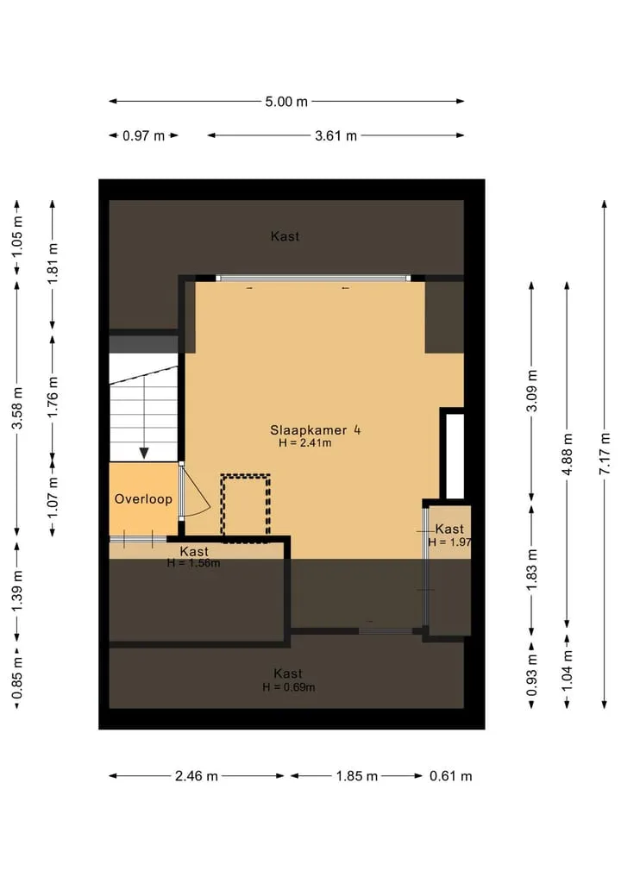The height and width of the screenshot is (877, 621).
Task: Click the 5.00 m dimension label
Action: [285, 102]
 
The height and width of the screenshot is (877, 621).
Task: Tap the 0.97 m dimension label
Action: [143, 136]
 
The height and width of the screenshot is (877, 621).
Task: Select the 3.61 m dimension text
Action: [336, 136]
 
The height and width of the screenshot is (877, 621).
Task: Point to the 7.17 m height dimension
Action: [605, 454]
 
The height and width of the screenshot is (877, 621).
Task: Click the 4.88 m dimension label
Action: [567, 454]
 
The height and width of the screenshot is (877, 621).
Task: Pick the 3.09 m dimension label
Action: [531, 391]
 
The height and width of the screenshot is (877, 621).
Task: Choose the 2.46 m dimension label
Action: [197, 776]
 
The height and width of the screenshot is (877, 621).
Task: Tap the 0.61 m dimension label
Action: [450, 776]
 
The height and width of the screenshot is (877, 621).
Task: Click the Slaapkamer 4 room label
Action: [315, 430]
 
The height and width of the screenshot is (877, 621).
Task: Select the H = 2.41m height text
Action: [305, 443]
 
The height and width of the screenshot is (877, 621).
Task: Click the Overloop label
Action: [143, 499]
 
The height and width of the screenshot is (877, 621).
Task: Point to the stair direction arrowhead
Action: [144, 453]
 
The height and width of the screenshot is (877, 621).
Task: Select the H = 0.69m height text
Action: [289, 687]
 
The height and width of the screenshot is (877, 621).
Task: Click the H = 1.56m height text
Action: [193, 563]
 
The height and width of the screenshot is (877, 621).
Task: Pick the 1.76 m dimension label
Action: [53, 397]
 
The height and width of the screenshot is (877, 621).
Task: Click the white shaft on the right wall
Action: [455, 456]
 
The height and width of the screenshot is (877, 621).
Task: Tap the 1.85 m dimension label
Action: [357, 776]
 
